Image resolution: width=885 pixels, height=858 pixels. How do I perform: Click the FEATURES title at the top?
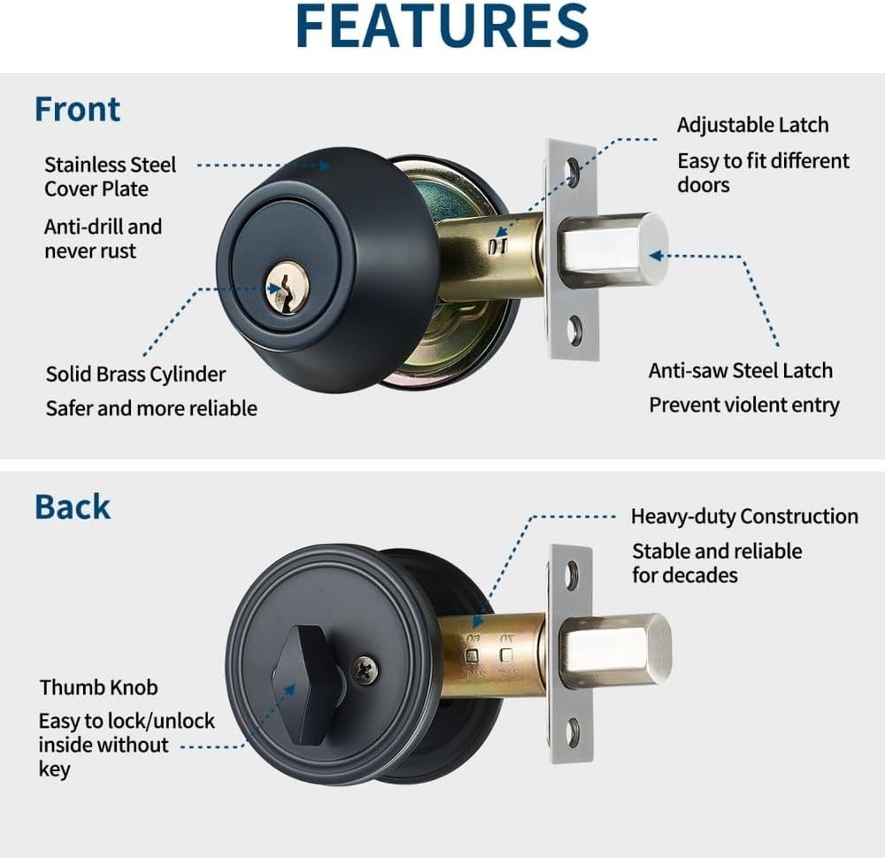[x=442, y=26]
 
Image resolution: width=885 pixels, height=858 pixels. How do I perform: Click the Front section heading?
[x=77, y=109]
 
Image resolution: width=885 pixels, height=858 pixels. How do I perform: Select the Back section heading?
[x=73, y=506]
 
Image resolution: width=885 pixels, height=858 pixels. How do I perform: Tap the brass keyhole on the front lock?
[x=287, y=286]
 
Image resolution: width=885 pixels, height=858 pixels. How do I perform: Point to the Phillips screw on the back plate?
[x=366, y=669]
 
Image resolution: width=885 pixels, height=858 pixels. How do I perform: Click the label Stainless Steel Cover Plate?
[x=110, y=176]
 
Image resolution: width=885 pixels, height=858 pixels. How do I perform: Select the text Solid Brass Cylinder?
[x=135, y=375]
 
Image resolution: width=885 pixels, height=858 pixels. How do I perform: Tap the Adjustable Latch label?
[x=752, y=125]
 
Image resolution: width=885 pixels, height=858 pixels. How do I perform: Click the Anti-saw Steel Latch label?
[x=740, y=370]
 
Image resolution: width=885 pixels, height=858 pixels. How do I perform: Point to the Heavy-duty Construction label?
[x=743, y=516]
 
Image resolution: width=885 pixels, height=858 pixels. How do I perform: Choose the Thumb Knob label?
[x=98, y=687]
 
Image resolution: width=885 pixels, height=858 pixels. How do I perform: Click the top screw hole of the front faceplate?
[x=573, y=167]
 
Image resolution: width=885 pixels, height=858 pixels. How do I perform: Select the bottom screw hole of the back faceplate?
[x=573, y=732]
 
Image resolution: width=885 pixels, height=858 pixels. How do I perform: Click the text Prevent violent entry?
[x=743, y=405]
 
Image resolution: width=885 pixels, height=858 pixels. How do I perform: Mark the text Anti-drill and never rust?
[x=103, y=239]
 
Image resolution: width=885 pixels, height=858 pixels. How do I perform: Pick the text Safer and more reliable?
[x=151, y=408]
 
